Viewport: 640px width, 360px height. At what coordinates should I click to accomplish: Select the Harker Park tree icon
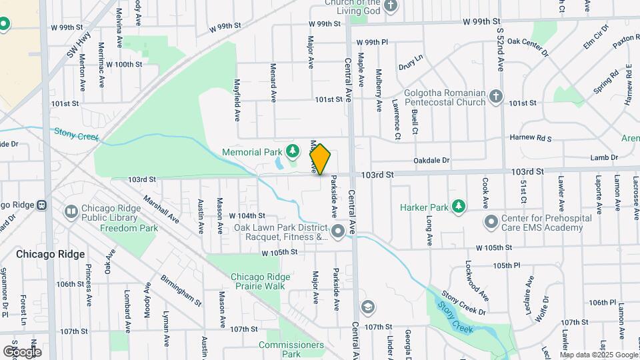click(x=458, y=207)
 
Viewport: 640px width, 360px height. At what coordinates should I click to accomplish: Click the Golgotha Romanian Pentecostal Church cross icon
click(x=495, y=97)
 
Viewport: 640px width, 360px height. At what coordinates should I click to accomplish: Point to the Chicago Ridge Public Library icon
click(x=71, y=211)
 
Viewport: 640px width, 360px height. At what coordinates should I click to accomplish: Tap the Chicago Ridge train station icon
click(x=41, y=205)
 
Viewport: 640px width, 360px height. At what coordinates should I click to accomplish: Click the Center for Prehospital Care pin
click(x=491, y=221)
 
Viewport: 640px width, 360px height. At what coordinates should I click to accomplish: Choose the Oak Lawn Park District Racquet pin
click(x=338, y=231)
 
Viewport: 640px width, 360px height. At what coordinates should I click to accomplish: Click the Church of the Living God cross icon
click(x=391, y=6)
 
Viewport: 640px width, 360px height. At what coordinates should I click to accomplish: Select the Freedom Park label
click(x=129, y=228)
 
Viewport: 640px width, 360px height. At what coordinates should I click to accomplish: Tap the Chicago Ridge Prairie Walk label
click(x=257, y=281)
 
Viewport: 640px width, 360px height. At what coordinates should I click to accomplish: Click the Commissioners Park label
click(x=291, y=349)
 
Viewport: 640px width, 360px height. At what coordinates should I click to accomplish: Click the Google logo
click(x=22, y=351)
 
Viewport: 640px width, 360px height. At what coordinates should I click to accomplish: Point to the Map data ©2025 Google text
click(x=599, y=355)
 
